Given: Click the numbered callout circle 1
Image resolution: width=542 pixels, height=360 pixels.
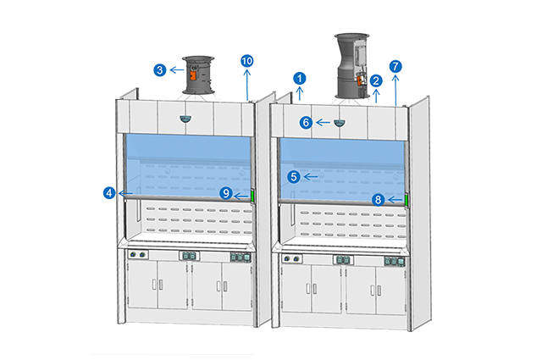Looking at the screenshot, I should click(299, 77).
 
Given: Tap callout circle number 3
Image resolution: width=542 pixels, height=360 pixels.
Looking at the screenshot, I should click(159, 69).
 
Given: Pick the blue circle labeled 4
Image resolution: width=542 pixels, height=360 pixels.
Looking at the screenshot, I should click(109, 193).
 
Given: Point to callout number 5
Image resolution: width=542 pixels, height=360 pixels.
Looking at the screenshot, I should click(293, 177).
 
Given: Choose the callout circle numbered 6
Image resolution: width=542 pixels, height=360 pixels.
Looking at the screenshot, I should click(306, 122).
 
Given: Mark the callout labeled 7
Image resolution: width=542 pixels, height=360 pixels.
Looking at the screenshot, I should click(395, 65).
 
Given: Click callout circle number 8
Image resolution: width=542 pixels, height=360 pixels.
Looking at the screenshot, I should click(379, 200).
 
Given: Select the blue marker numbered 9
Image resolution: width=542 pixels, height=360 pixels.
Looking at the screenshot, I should click(226, 193).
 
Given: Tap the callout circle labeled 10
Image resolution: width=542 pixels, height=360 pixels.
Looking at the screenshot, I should click(246, 61).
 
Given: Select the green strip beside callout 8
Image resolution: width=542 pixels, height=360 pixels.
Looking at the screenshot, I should click(406, 200).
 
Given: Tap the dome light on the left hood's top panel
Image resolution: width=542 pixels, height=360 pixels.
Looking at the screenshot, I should click(185, 119).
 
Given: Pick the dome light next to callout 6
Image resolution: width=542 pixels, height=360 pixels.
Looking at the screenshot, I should click(338, 123).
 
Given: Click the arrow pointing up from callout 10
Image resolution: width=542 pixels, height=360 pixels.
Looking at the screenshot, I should click(246, 85).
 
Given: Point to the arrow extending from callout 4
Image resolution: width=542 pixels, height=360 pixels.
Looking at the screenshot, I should click(125, 193).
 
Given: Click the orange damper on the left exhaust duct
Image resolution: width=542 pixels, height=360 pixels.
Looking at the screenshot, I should click(192, 75).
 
